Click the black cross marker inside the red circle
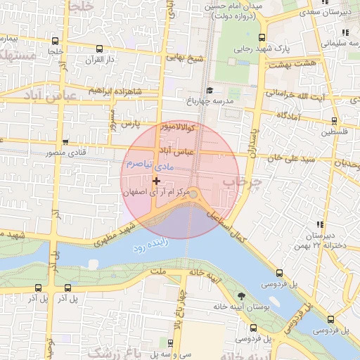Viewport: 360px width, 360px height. (156, 181)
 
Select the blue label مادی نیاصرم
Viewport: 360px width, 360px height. (148, 165)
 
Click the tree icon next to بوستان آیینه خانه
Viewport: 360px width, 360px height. (242, 296)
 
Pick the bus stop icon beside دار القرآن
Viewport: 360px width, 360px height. (98, 49)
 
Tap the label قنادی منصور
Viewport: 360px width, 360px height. (71, 152)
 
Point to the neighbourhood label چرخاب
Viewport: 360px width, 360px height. (238, 182)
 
